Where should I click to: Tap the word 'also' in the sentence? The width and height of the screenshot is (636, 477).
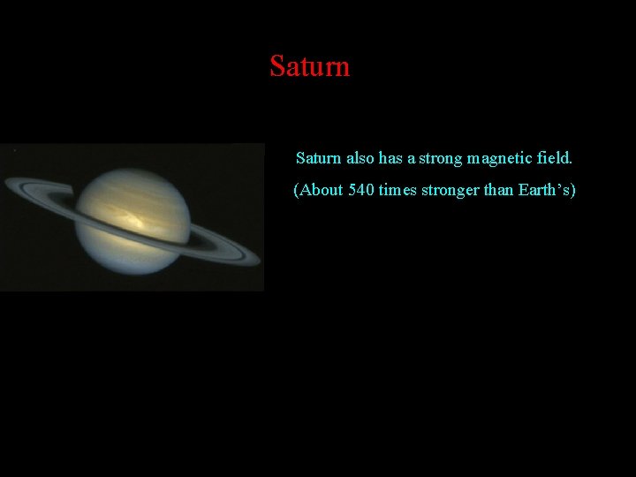pos(360,159)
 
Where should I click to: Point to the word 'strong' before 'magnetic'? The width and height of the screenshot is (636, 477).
pos(441,159)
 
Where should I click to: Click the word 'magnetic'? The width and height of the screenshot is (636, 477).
pos(500,159)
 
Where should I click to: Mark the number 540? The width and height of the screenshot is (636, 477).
pos(361,190)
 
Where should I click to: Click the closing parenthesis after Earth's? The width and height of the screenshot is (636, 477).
pos(572,190)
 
